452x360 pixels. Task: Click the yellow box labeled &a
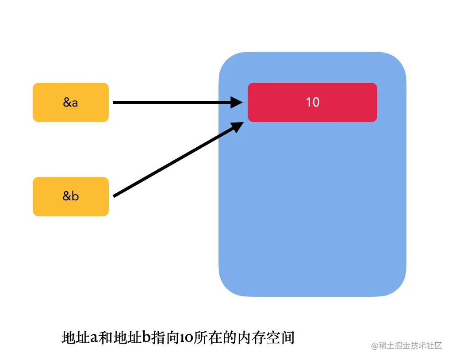click(70, 102)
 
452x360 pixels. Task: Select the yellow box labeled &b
click(70, 196)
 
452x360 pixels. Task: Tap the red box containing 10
click(312, 102)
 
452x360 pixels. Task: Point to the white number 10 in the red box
click(312, 102)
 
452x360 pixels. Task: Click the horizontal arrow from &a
click(172, 102)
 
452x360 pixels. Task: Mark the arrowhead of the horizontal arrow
click(237, 102)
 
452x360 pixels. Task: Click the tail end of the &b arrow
click(115, 195)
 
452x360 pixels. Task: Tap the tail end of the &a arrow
click(115, 102)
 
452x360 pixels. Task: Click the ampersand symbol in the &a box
click(67, 102)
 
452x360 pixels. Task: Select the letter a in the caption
click(94, 338)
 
